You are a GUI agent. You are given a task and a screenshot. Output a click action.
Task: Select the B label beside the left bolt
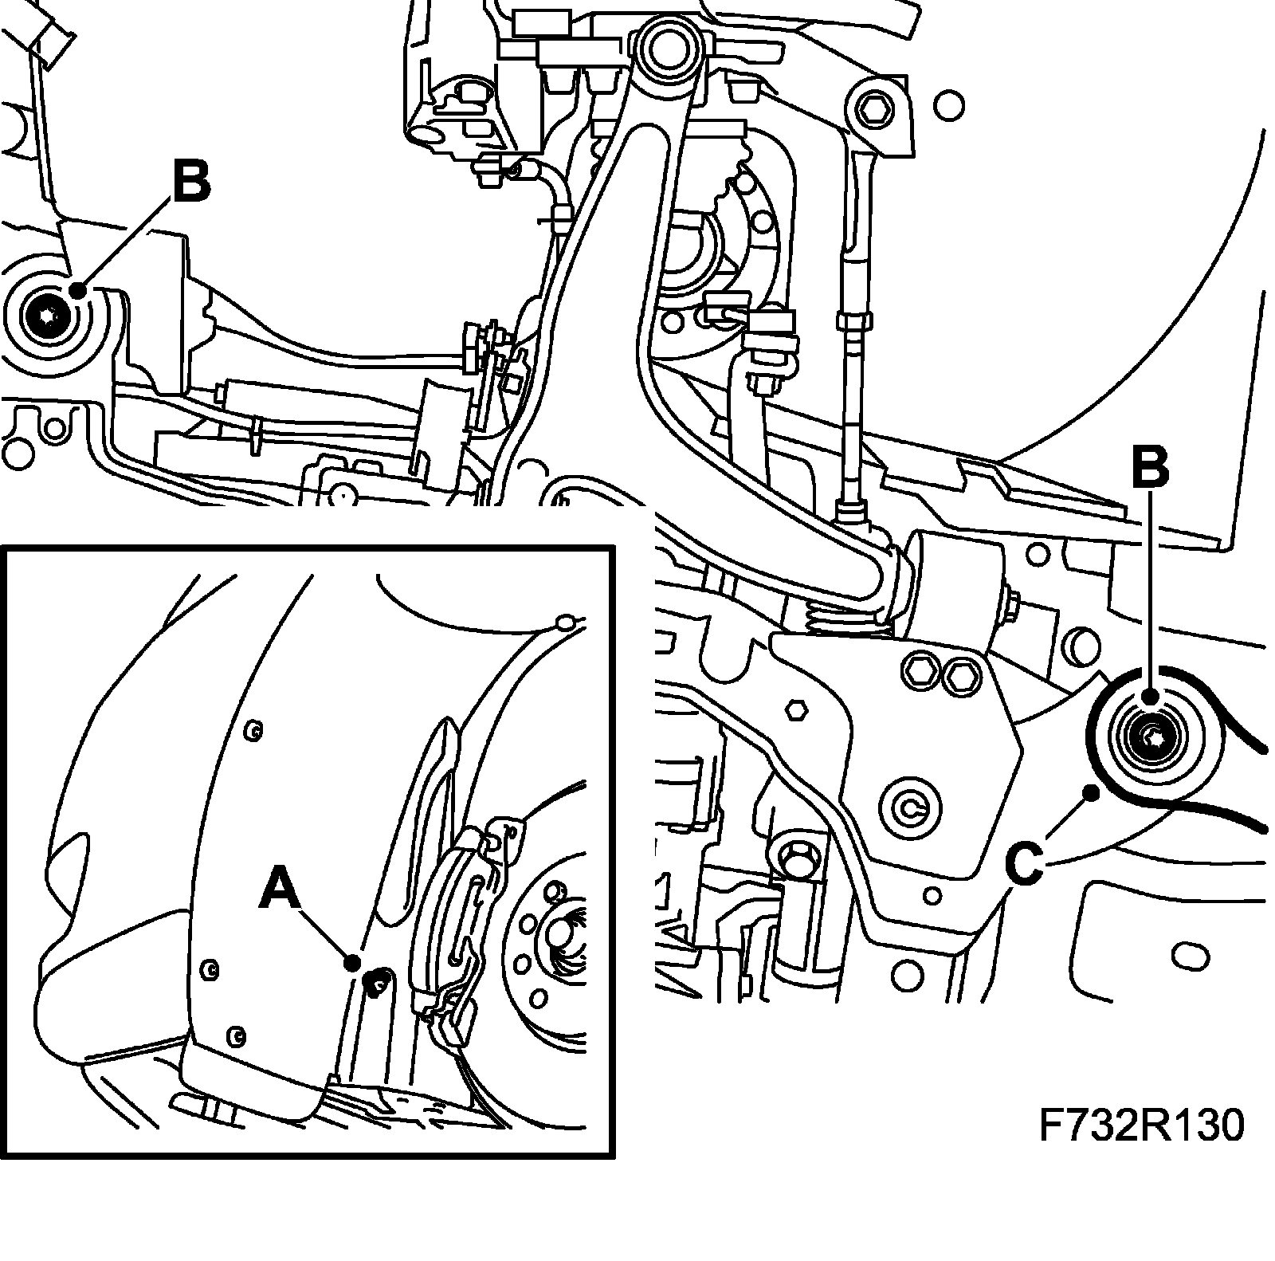click(190, 181)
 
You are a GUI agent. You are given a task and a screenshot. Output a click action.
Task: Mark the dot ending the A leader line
click(351, 962)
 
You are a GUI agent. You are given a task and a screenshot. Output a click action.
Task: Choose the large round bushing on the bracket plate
click(910, 809)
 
